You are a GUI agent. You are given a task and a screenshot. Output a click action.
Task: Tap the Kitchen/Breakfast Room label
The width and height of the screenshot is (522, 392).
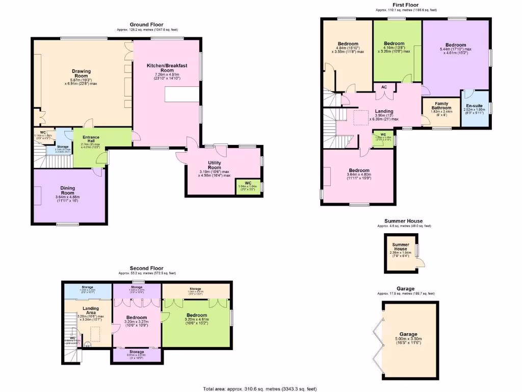pyautogui.click(x=164, y=68)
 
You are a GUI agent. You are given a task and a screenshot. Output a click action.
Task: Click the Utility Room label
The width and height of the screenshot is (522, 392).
pyautogui.click(x=214, y=165)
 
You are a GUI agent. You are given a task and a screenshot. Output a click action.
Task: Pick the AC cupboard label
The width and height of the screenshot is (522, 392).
pyautogui.click(x=384, y=87)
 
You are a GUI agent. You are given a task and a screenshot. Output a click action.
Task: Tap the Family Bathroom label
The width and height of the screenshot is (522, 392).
pyautogui.click(x=441, y=105)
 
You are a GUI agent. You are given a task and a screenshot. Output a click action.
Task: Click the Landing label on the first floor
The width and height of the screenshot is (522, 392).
pyautogui.click(x=384, y=111)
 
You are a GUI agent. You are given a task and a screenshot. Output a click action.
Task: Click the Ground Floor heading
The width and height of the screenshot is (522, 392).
pyautogui.click(x=147, y=24)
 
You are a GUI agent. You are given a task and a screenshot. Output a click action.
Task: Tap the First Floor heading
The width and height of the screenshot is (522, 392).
pyautogui.click(x=406, y=5)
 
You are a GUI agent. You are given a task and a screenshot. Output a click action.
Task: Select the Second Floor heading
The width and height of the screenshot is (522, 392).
pyautogui.click(x=146, y=268)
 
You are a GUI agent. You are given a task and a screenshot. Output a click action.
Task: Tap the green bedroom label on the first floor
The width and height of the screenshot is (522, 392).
pyautogui.click(x=394, y=43)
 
